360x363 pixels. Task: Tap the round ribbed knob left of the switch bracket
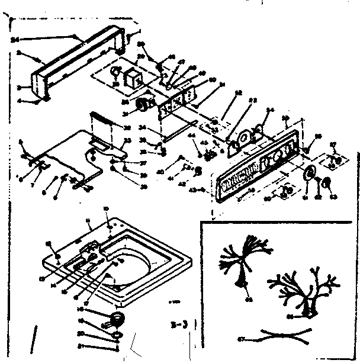coord(142,106)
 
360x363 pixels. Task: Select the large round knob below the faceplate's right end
coord(308,174)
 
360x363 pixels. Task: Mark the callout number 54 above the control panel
coord(271,110)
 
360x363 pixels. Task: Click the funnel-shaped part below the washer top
coord(118,320)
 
